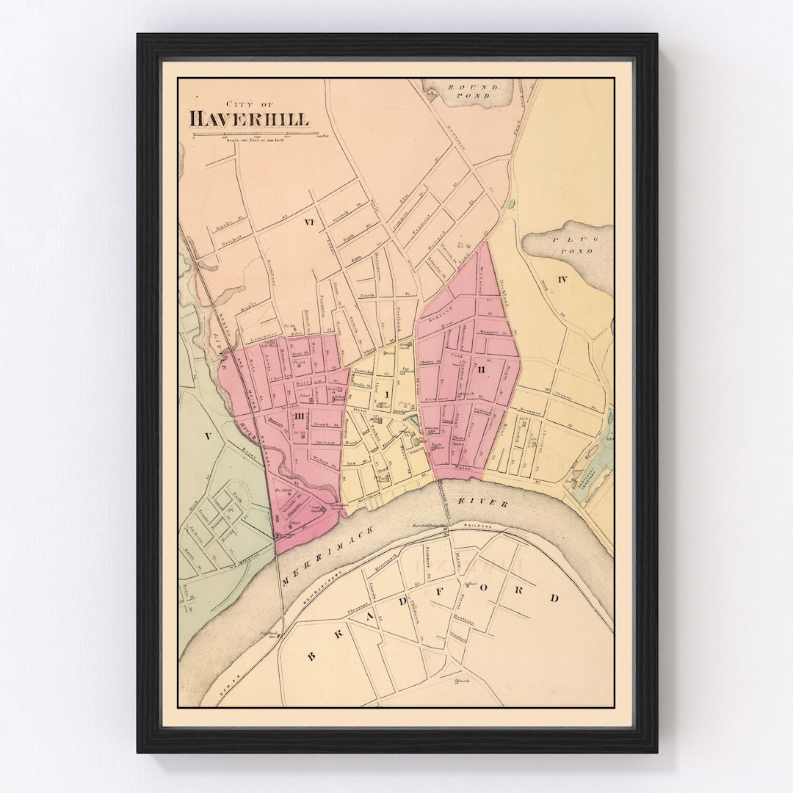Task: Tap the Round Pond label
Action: (x=473, y=93)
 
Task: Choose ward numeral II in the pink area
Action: (x=482, y=369)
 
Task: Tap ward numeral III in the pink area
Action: (x=300, y=417)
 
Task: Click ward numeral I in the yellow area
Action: (x=385, y=396)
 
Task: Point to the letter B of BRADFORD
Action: (x=311, y=656)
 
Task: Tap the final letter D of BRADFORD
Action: (x=556, y=598)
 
